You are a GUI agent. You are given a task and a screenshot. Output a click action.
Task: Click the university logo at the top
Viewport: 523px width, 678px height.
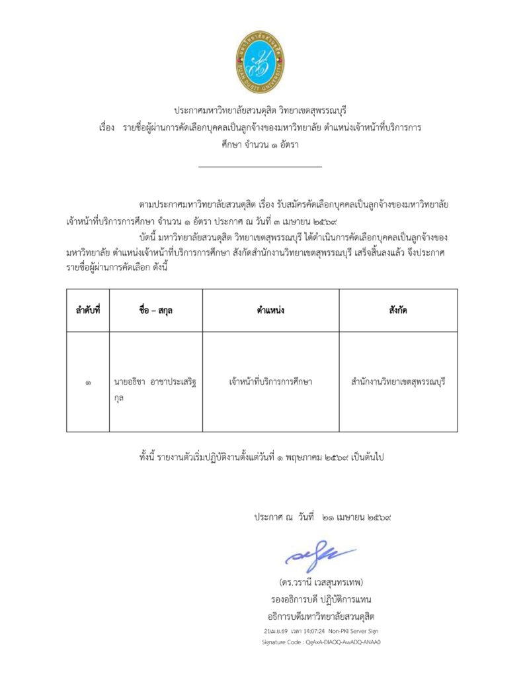click(x=261, y=61)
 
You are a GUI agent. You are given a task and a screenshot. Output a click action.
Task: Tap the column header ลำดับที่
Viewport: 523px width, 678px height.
click(x=87, y=310)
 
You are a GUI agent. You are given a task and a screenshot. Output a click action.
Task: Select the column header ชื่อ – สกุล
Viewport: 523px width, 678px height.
click(x=156, y=310)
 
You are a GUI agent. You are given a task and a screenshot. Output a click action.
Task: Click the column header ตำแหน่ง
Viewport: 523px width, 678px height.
click(x=270, y=310)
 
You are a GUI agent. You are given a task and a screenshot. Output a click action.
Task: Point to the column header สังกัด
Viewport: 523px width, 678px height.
click(x=398, y=310)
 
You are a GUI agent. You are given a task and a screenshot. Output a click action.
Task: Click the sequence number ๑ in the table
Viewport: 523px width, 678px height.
click(x=87, y=382)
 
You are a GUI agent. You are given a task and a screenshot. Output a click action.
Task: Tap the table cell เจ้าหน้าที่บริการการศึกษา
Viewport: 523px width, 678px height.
click(x=270, y=382)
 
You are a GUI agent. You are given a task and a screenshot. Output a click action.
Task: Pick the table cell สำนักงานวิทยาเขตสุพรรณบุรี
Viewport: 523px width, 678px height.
click(x=398, y=382)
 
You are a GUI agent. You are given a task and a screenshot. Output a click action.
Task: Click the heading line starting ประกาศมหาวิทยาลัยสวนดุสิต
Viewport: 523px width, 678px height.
click(x=261, y=110)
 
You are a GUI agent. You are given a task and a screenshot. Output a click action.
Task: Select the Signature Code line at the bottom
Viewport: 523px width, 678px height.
click(x=322, y=642)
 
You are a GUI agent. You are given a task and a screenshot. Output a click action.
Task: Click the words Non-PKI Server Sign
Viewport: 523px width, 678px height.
click(x=354, y=631)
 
